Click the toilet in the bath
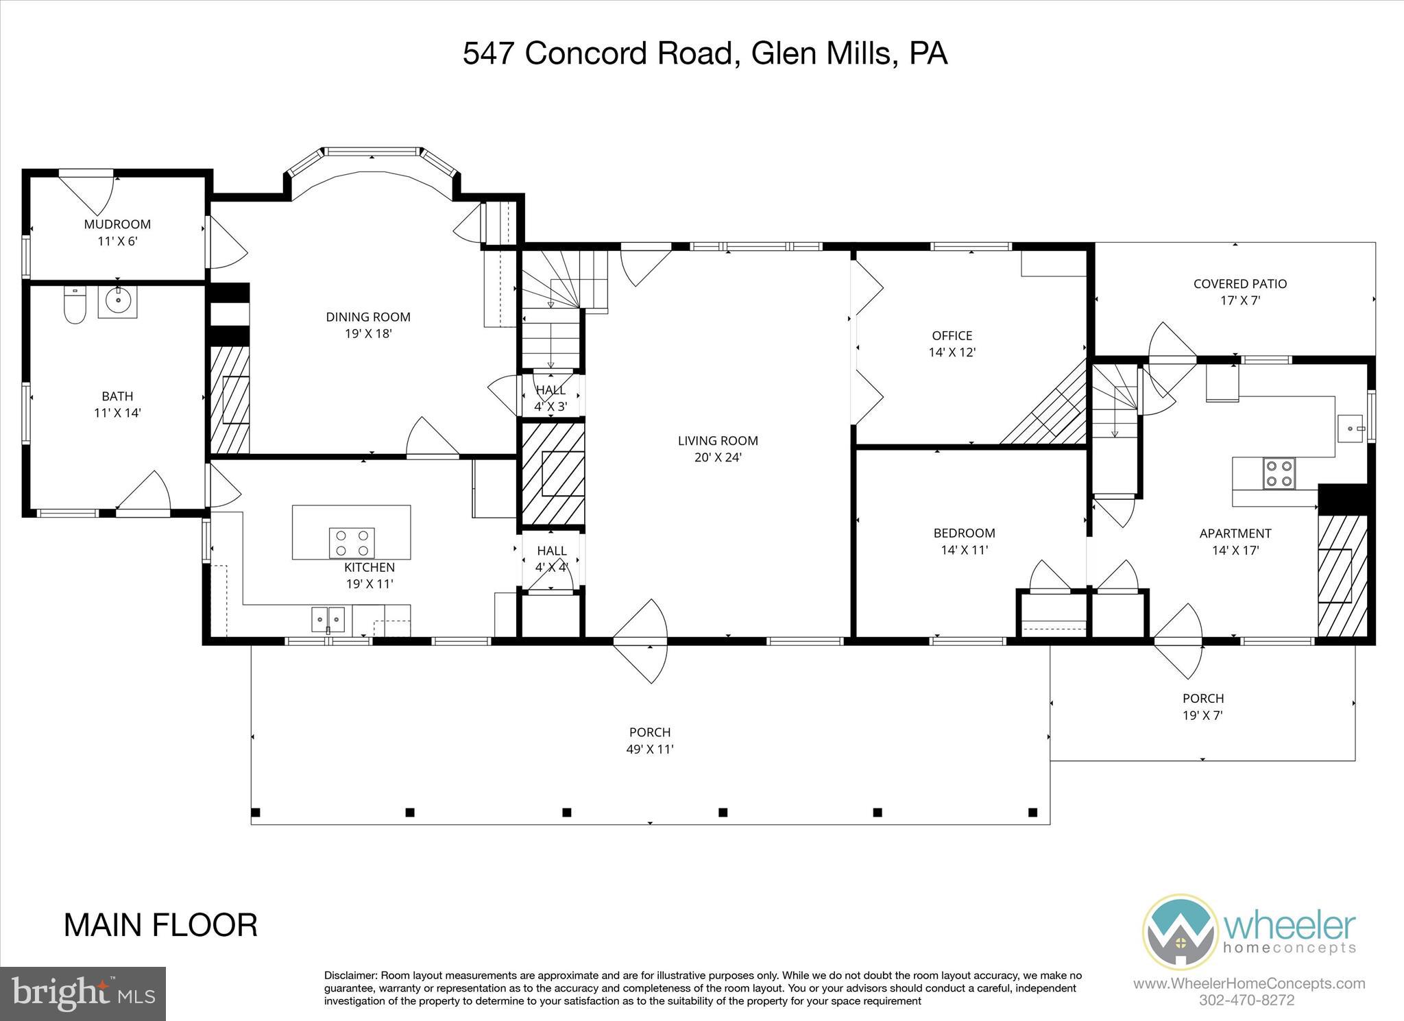coord(74,305)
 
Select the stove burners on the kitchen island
coord(352,542)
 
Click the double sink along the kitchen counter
coord(328,619)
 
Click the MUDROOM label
coord(117,224)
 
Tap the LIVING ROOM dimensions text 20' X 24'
coord(718,457)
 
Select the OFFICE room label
coord(952,335)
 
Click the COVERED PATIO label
coord(1239,283)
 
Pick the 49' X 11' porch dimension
coord(649,749)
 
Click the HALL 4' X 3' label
coord(550,398)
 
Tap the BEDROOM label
coord(964,533)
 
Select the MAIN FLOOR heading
coord(160,925)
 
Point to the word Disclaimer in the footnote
coord(350,975)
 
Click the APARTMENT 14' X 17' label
coord(1235,541)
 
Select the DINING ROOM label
coord(368,317)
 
